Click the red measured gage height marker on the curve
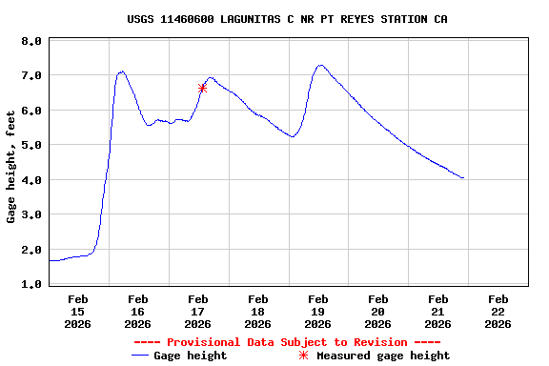point(202,88)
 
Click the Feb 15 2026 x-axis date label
point(77,311)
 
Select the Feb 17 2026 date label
point(197,311)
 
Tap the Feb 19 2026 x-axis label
point(317,311)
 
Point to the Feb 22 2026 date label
point(498,311)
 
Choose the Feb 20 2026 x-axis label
point(377,311)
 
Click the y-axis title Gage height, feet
point(11,163)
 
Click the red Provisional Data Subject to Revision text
point(287,342)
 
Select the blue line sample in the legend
point(143,356)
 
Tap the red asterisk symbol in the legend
point(304,356)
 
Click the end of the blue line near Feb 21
point(463,177)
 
